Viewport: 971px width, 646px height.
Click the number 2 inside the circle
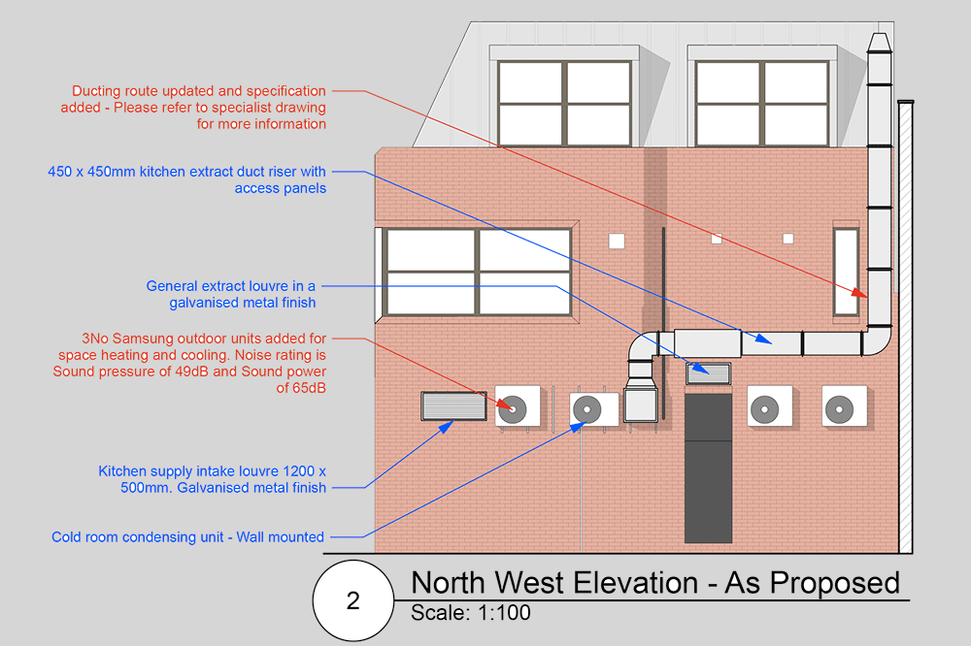[x=353, y=600]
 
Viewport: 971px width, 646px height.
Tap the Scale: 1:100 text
[x=471, y=613]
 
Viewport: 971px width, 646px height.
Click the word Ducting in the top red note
[x=97, y=91]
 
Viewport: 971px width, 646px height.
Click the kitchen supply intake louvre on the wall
[x=453, y=405]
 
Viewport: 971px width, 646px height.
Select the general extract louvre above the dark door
[x=709, y=373]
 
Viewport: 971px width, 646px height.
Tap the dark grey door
[x=709, y=468]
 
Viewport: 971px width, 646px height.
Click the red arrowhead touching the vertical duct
[x=859, y=293]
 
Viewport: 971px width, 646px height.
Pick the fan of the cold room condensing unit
[x=586, y=409]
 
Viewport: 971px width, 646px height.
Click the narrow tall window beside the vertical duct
[x=846, y=273]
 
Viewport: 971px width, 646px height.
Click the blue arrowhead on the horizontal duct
[x=763, y=339]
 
